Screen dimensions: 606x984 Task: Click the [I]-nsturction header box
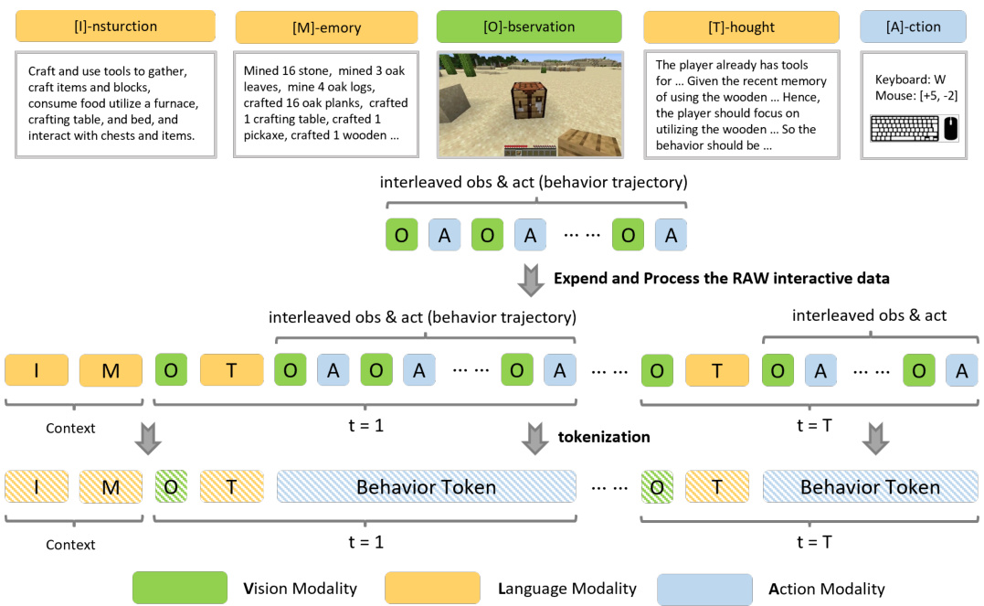pos(114,27)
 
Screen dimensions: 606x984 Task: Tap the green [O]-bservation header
pos(529,27)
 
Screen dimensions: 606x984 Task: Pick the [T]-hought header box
pos(741,27)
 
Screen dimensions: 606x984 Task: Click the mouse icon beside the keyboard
pos(951,128)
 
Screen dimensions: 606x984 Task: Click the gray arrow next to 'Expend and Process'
pos(529,279)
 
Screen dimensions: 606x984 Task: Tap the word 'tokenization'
pos(604,437)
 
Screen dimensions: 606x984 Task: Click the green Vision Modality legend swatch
pos(180,588)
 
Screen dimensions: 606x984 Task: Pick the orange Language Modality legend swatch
pos(433,588)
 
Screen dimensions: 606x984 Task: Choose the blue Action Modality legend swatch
pos(704,588)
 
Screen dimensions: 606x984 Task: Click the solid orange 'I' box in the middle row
pos(37,370)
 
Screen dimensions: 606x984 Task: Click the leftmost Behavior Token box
pos(426,487)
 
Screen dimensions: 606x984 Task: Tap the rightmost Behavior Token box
pos(870,487)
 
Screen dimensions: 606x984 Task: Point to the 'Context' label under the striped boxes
pos(70,545)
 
